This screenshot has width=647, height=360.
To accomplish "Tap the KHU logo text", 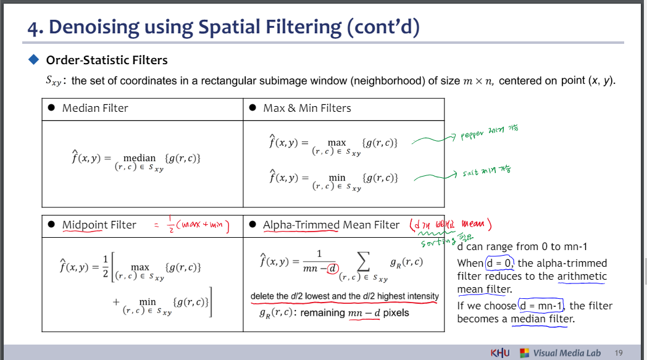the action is (500, 353).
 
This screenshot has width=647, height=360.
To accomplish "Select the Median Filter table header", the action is (95, 108).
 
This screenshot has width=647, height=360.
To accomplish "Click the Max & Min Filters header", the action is (307, 108).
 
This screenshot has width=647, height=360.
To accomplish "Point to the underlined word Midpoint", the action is (82, 225).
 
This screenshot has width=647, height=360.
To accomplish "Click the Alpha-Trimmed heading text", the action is (301, 225).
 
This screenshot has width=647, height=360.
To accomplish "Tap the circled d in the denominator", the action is (333, 268).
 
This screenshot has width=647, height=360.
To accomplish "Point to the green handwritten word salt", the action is (471, 174).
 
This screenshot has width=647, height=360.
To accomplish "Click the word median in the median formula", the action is (140, 158).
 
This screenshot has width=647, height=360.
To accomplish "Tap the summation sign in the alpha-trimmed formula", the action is (364, 265).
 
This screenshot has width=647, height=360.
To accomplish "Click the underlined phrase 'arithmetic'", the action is (582, 277).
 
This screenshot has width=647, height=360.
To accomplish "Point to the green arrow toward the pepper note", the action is (432, 141).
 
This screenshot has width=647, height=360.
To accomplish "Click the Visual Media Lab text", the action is (567, 353).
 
